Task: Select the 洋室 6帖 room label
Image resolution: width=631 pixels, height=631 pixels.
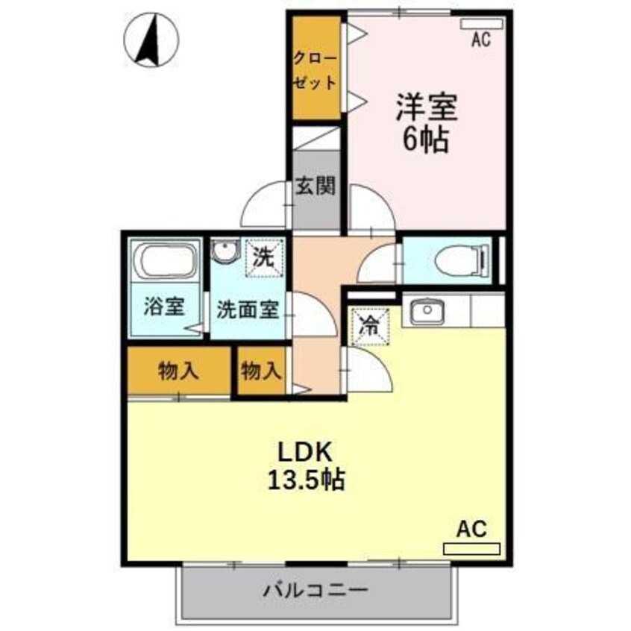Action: [x=427, y=123]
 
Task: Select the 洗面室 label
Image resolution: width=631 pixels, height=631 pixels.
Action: [x=248, y=310]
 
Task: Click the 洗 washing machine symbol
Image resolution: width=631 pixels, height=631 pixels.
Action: [x=265, y=257]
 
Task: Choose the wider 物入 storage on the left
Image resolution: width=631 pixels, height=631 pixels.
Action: [x=178, y=371]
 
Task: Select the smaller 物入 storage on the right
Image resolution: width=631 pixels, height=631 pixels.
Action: [x=262, y=370]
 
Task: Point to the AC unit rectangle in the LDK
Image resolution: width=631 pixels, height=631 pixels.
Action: [x=471, y=549]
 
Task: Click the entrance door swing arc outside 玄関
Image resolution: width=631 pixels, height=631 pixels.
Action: [x=265, y=208]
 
